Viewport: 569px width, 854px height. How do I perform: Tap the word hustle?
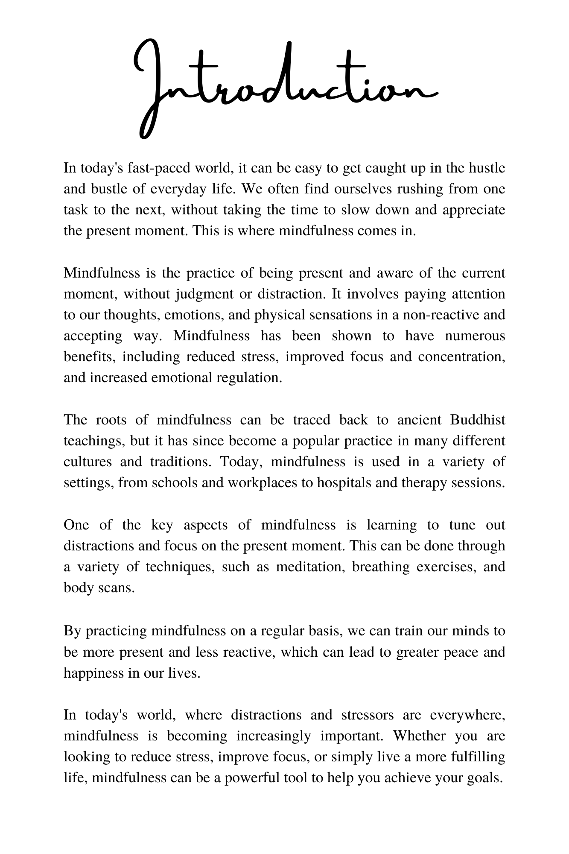487,168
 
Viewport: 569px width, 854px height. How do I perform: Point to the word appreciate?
474,210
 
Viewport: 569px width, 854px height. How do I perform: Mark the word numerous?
475,336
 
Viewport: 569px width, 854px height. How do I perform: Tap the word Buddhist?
478,420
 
